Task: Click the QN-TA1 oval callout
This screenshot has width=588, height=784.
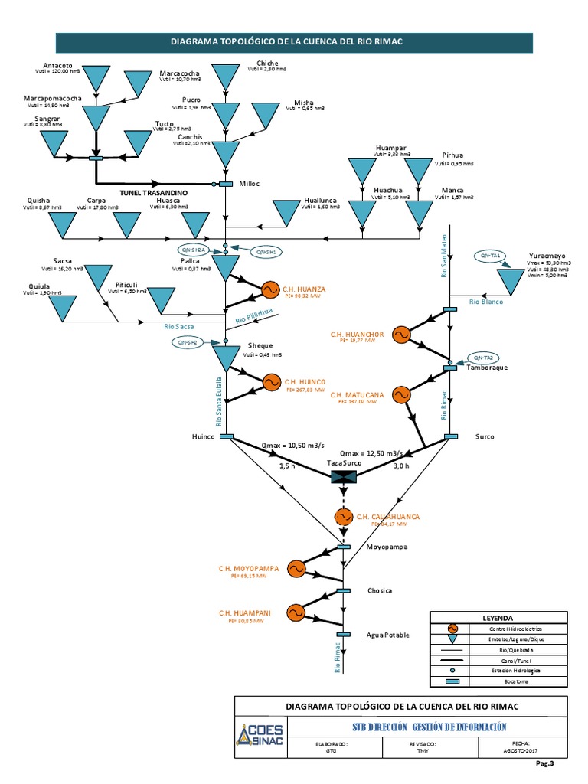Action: tap(490, 255)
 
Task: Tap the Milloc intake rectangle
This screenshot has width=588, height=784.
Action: tap(226, 184)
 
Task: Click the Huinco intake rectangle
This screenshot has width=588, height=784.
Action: tap(227, 436)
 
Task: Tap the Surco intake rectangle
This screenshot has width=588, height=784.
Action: tap(450, 436)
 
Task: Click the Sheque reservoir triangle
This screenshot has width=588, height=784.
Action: tap(226, 357)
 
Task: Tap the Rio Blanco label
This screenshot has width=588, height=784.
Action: tap(483, 302)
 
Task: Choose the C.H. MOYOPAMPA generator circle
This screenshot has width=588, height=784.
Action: tap(294, 568)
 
